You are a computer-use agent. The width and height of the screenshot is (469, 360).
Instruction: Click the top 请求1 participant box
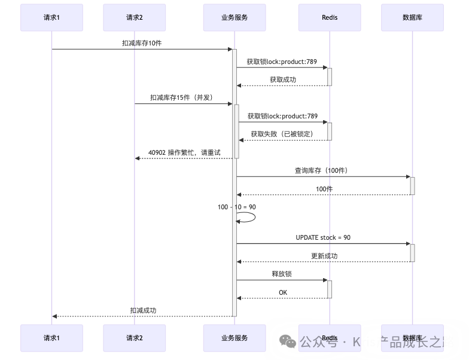51,17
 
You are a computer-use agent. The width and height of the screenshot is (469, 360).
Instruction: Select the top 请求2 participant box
134,17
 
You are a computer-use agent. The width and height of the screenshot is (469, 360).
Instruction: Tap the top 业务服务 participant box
234,17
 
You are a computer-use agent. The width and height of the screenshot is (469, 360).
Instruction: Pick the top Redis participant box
330,17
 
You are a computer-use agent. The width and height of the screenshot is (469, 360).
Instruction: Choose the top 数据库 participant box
412,17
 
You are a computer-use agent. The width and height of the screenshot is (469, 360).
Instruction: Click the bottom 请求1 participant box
51,338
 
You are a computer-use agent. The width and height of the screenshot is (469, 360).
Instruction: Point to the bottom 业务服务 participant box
234,338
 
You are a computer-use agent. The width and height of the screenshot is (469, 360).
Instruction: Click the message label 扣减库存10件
142,43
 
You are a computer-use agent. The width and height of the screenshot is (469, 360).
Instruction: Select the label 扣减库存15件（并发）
182,97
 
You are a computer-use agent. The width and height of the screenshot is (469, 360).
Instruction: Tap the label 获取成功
282,79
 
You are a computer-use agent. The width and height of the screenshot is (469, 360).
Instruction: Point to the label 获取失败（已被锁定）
282,134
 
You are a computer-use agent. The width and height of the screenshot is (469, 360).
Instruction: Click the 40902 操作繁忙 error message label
184,152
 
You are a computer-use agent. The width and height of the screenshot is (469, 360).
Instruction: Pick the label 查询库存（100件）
321,170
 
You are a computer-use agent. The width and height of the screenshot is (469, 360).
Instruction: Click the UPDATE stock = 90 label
323,237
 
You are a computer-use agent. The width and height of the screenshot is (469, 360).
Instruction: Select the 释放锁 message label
282,274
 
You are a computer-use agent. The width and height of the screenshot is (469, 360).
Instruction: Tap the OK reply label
283,292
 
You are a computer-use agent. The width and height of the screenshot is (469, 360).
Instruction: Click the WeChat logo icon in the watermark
287,341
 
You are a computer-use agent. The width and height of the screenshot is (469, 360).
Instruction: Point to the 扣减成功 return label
143,310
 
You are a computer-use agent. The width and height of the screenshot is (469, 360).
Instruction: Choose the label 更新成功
324,256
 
